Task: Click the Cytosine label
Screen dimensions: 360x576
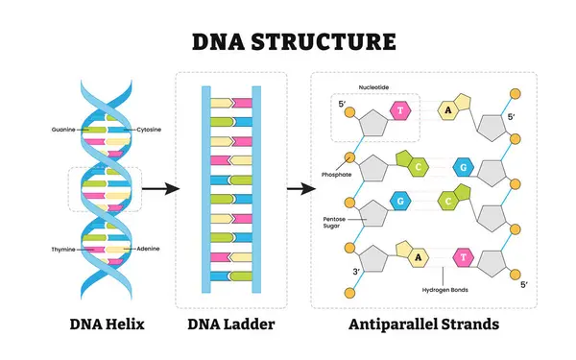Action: point(149,129)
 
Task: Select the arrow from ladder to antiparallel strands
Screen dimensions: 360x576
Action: point(299,188)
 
